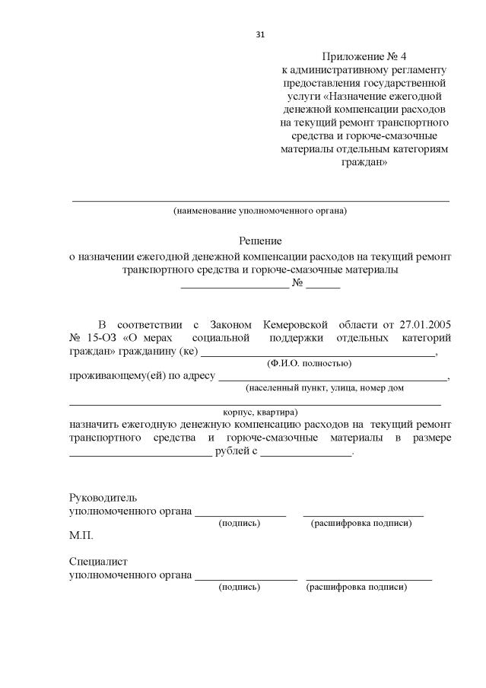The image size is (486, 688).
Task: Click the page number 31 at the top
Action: (x=260, y=34)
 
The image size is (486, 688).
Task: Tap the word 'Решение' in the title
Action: (x=260, y=241)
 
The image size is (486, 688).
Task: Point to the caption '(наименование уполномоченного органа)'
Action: (x=259, y=210)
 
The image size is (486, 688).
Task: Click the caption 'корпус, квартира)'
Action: (x=260, y=412)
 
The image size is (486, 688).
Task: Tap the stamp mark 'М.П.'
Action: (x=81, y=536)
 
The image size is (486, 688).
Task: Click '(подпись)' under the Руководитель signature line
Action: (x=239, y=524)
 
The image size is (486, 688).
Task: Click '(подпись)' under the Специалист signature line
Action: (x=239, y=588)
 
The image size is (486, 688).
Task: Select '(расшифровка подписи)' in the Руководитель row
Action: (x=361, y=524)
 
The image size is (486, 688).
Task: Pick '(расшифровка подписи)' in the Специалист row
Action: (x=356, y=588)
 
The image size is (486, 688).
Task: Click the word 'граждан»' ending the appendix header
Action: (x=365, y=163)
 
